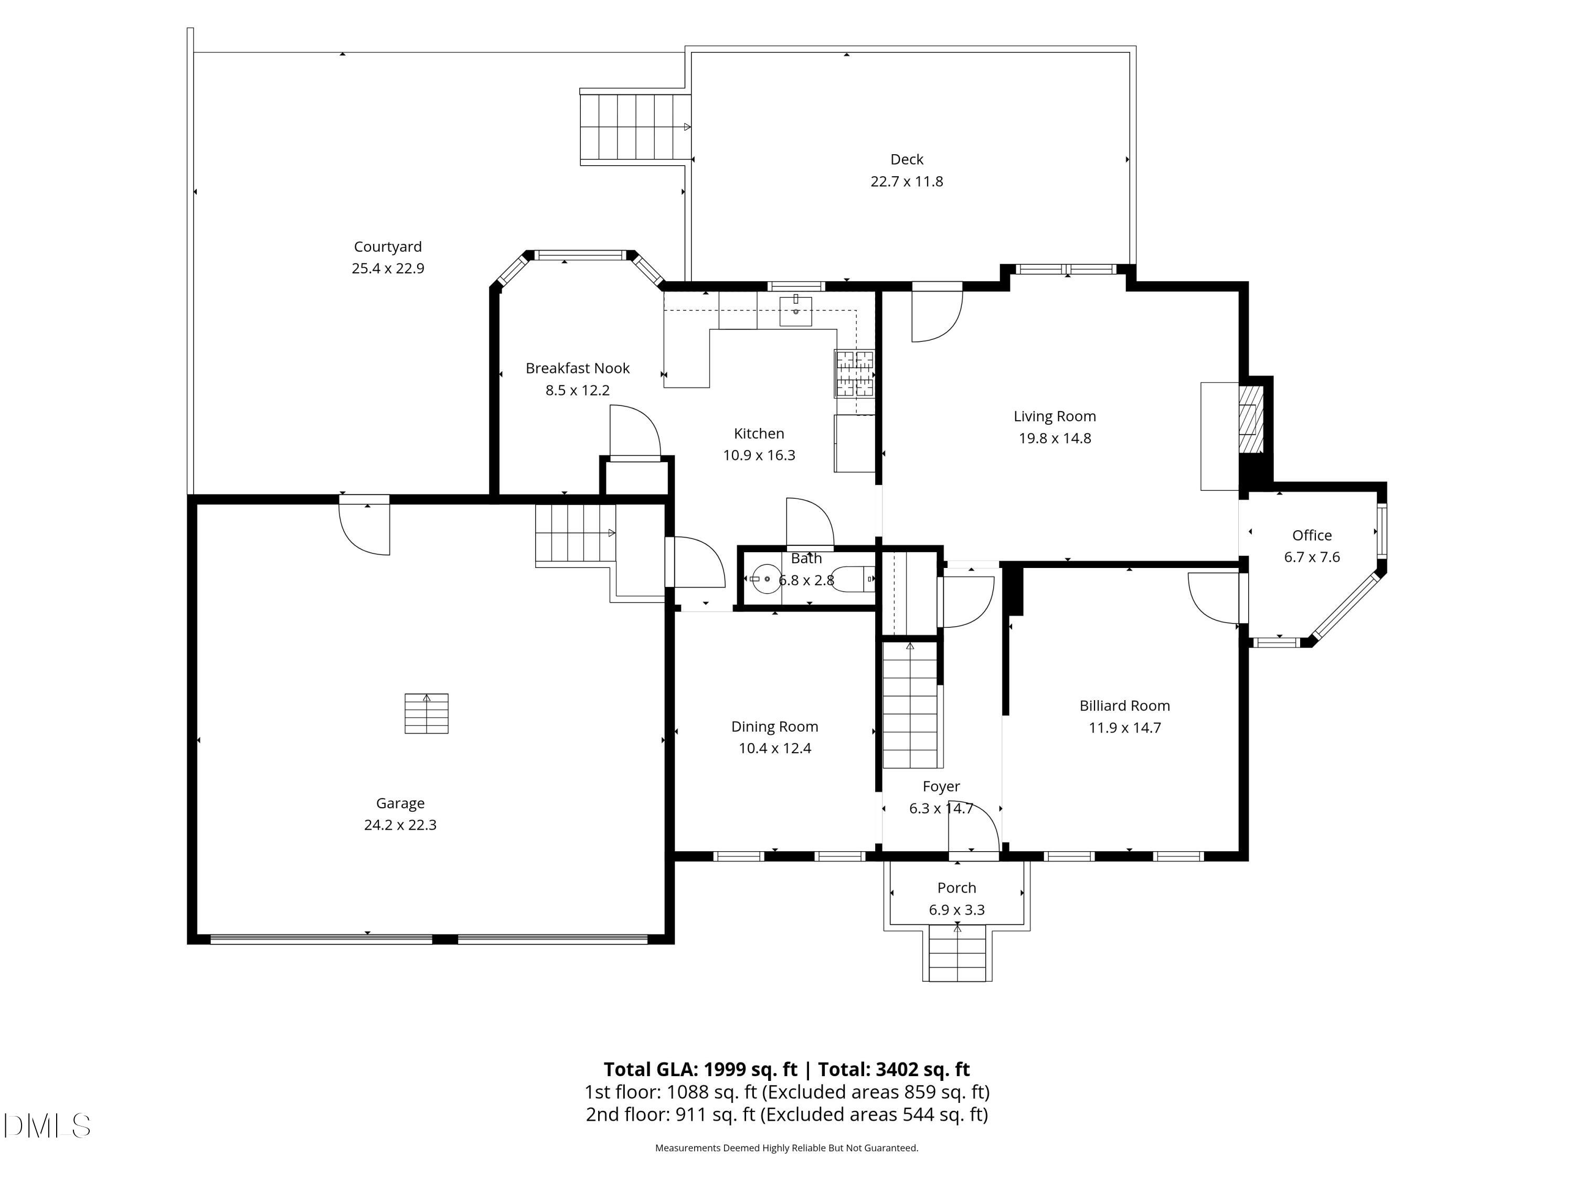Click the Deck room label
[907, 159]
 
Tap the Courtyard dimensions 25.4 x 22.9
[388, 268]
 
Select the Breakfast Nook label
[578, 369]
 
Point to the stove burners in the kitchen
[855, 373]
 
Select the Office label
[1312, 535]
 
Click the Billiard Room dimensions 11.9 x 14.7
[1124, 727]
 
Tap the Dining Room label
[774, 726]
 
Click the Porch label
[956, 888]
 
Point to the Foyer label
[941, 787]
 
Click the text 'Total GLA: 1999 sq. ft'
[700, 1069]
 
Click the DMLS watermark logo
[47, 1126]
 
